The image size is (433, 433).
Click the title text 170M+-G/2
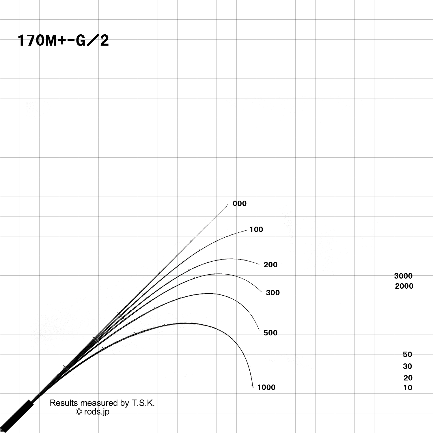(x=63, y=41)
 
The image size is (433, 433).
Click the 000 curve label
(x=240, y=204)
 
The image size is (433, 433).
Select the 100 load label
(x=256, y=229)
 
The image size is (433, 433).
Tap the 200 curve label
(x=270, y=264)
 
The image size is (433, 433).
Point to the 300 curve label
(x=273, y=292)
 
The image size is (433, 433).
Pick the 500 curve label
(x=270, y=333)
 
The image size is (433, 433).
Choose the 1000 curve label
(x=266, y=387)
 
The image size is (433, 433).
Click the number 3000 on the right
(x=403, y=276)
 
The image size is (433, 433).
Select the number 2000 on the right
(x=404, y=286)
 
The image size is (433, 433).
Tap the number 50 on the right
(x=407, y=354)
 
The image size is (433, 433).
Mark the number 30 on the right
(x=407, y=366)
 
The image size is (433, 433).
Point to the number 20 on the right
(x=408, y=378)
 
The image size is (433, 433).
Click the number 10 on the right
(x=408, y=387)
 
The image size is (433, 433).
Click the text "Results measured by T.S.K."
(x=102, y=403)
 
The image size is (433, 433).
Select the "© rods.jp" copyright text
(x=92, y=412)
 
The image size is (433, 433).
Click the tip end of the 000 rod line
(x=227, y=205)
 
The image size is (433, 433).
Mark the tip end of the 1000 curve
(x=253, y=386)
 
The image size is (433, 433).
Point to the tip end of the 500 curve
(x=260, y=331)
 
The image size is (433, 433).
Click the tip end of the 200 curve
(x=260, y=264)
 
